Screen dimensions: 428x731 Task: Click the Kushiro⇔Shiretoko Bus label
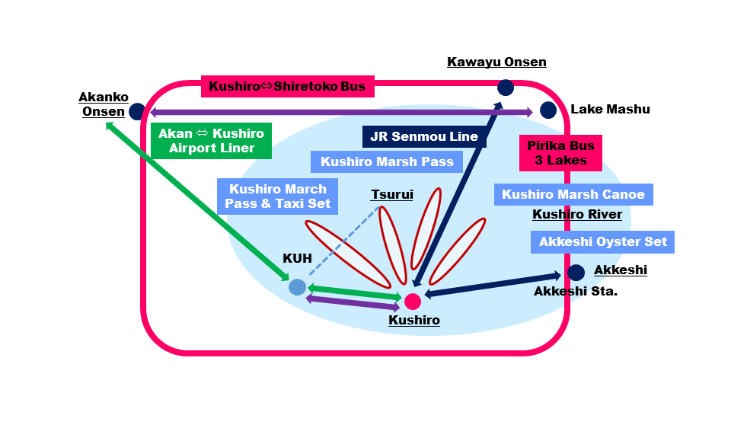[287, 86]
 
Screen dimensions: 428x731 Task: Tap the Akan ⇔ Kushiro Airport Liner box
[211, 141]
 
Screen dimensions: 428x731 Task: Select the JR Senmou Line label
[424, 137]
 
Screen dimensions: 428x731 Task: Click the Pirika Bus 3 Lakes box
[560, 153]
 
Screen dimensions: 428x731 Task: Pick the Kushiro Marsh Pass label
[387, 161]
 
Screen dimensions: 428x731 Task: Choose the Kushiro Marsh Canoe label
[573, 194]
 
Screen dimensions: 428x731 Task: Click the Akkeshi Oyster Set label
[602, 242]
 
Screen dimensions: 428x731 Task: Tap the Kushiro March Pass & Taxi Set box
[277, 196]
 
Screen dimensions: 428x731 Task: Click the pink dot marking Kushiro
[413, 302]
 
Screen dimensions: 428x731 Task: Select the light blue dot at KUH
[298, 287]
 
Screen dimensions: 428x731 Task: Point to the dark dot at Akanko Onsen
[137, 112]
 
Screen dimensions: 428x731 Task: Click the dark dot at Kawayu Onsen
[505, 88]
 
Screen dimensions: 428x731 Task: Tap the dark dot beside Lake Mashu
[547, 110]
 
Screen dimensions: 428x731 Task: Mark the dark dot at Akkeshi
[576, 272]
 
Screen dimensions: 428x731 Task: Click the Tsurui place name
[392, 195]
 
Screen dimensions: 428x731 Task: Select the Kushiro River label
[576, 215]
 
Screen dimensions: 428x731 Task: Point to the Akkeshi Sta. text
[575, 291]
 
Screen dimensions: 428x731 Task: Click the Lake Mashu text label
[610, 110]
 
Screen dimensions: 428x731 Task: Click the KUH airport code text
[297, 258]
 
